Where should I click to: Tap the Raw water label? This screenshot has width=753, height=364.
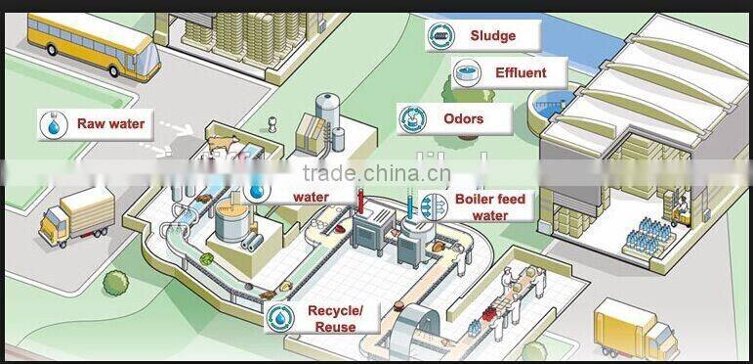(110, 123)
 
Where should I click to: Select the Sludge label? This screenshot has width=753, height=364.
(491, 36)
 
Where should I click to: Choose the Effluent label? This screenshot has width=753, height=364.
(520, 72)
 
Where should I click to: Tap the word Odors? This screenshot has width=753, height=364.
(463, 119)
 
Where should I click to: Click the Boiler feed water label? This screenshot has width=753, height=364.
(489, 206)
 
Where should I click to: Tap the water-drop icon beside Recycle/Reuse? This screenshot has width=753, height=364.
(280, 318)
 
